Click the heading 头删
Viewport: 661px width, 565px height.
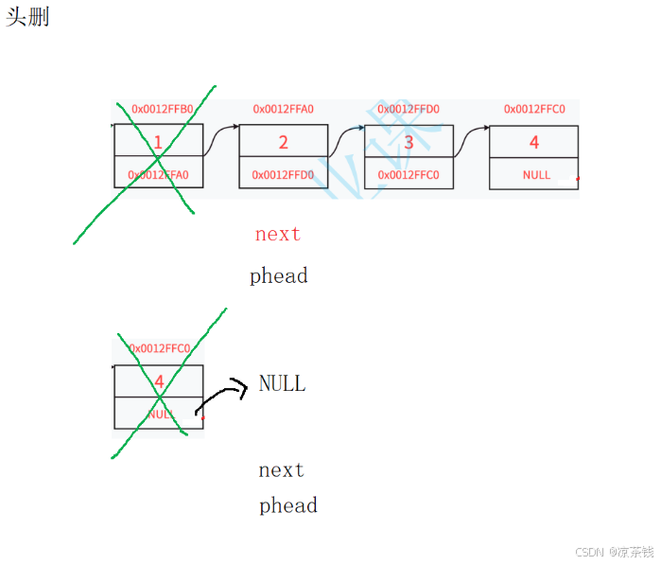click(x=27, y=17)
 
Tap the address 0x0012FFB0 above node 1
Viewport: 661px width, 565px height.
click(x=162, y=109)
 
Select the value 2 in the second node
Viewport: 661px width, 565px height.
click(x=283, y=143)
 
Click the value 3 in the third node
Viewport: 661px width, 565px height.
click(x=409, y=143)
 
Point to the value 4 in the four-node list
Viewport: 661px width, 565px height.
click(x=534, y=143)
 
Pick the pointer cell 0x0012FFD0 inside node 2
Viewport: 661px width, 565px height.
click(x=283, y=175)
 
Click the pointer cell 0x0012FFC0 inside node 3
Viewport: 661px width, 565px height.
click(x=409, y=175)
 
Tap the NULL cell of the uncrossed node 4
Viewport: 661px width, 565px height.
click(x=536, y=175)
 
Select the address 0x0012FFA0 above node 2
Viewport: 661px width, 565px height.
click(x=283, y=109)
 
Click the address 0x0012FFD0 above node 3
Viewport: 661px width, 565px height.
click(x=409, y=109)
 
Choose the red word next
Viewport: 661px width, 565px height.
click(x=278, y=234)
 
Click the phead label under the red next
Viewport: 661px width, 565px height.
click(x=279, y=276)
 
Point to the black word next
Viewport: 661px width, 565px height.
click(x=282, y=470)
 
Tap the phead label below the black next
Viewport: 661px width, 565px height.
click(x=288, y=505)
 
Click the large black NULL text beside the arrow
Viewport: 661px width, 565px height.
click(x=283, y=383)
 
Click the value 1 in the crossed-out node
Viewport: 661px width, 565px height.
click(x=158, y=143)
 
